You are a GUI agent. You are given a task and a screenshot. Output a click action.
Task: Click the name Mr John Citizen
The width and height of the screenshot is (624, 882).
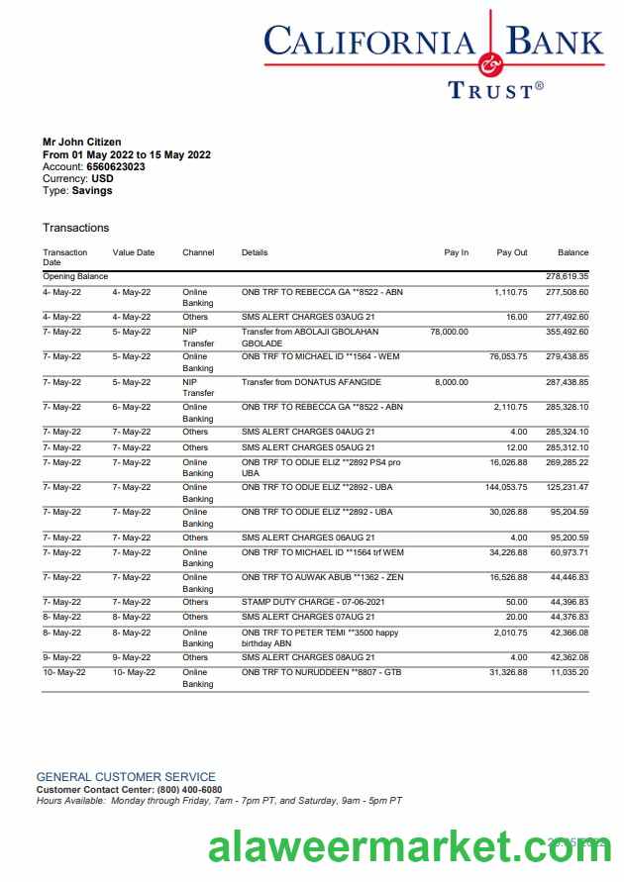coord(82,143)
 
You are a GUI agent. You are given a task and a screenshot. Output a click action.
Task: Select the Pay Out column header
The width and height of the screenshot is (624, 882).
coord(512,252)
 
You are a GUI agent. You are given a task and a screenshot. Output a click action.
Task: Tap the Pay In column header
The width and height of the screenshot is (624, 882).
coord(457,252)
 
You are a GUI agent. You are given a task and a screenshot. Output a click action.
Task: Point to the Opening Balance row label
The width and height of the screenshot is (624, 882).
coord(75,276)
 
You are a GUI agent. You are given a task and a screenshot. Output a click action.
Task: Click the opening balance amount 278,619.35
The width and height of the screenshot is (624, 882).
coord(568,276)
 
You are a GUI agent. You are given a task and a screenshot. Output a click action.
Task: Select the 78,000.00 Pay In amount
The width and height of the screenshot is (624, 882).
coord(450,332)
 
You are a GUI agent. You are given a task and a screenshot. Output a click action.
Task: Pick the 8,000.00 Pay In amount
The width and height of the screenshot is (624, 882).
coord(452,382)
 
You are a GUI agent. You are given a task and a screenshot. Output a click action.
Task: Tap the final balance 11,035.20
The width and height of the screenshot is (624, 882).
coord(570,673)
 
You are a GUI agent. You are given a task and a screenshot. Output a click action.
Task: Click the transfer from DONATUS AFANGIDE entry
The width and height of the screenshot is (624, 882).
coord(311,382)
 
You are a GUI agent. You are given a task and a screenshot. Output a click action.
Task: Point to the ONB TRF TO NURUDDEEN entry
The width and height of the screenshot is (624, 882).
coord(321,673)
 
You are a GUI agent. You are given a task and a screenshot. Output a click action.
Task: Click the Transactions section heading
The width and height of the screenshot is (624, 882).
coord(75,228)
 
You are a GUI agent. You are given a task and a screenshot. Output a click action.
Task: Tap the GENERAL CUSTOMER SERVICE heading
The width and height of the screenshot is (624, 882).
coord(126,777)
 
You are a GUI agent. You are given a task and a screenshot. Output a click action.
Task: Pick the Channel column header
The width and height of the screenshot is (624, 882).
coord(198,252)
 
